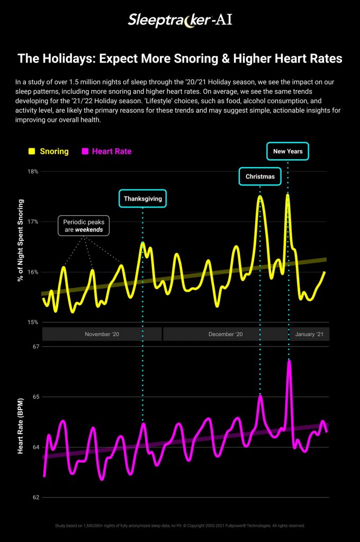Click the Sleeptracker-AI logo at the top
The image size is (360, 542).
[180, 21]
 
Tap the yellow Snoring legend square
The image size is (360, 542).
[32, 151]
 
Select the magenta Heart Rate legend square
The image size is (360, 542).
[85, 151]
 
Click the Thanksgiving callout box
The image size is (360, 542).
[142, 199]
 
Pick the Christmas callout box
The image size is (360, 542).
[260, 176]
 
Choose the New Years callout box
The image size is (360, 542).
[287, 151]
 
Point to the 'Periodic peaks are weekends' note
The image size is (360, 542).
[84, 226]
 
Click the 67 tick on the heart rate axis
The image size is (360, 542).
[35, 347]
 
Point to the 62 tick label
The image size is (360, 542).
[35, 498]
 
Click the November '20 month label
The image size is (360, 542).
[102, 335]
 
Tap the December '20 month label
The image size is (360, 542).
[226, 335]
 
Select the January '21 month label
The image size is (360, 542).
[309, 335]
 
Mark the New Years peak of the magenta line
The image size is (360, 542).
[289, 362]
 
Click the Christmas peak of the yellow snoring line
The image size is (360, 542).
[260, 197]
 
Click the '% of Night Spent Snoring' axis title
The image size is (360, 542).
[21, 240]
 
